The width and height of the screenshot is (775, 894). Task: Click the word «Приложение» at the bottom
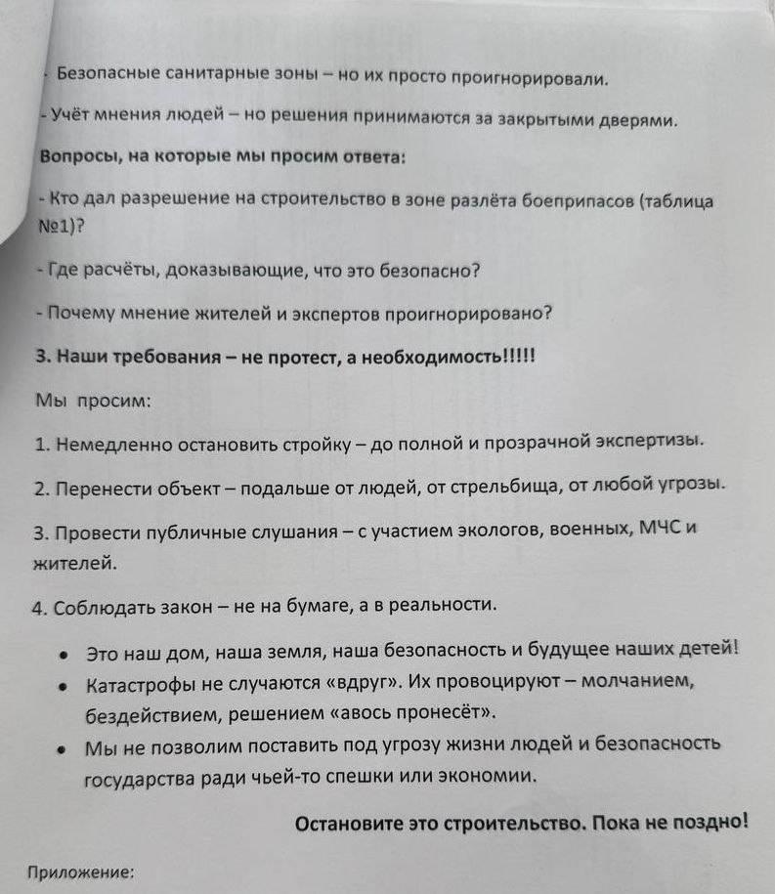tap(81, 873)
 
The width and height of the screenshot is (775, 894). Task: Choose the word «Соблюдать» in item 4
tap(101, 606)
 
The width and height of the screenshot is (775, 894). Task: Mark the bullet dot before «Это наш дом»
tap(64, 655)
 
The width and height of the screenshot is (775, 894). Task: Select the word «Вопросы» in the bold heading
tap(77, 158)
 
